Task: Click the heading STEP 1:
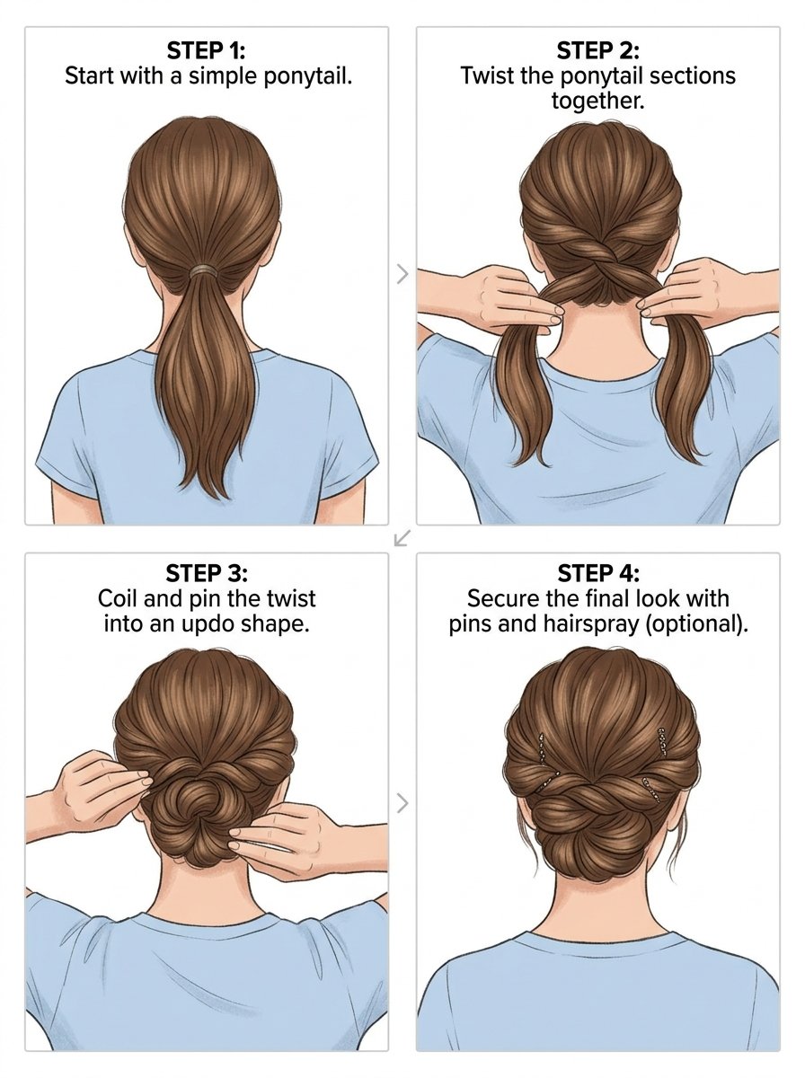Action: coord(206,50)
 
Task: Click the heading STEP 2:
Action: coord(597,50)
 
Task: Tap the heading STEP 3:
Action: coord(207,573)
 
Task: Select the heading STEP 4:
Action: coord(598,573)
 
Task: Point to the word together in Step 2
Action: coord(597,101)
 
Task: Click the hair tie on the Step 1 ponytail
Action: coord(207,270)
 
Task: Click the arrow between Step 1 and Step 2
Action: coord(402,274)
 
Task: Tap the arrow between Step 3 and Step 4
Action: coord(402,803)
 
